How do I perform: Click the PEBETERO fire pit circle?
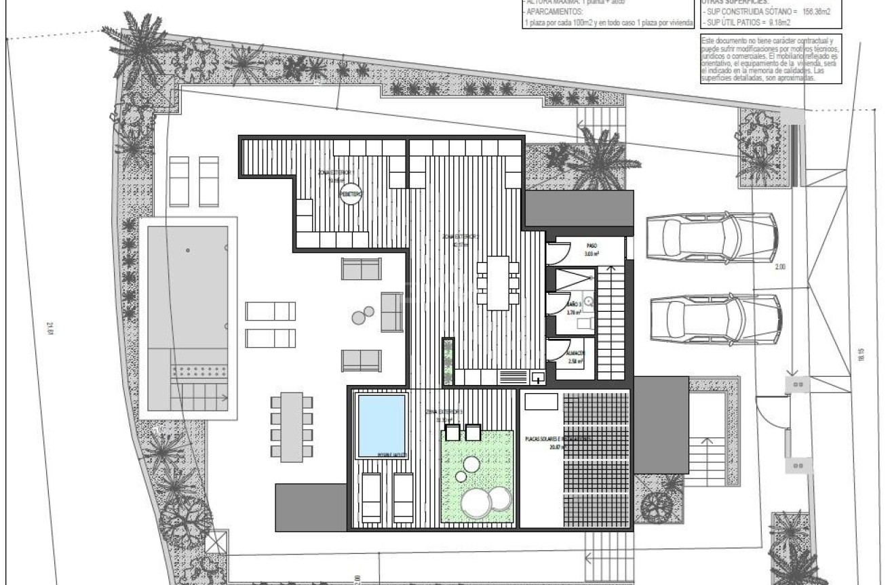click(351, 193)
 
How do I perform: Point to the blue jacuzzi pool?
click(381, 425)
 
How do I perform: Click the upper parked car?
click(712, 236)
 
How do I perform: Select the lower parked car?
click(712, 315)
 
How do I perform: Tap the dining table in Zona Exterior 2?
click(499, 282)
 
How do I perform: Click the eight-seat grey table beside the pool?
click(292, 427)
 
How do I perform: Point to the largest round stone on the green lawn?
click(476, 503)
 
